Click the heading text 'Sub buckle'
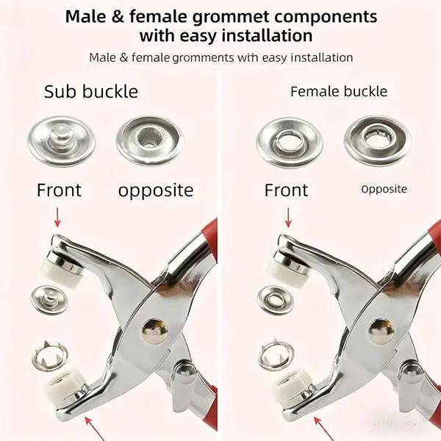pos(91,92)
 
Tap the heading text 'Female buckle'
pos(339,92)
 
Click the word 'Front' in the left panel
pos(60,190)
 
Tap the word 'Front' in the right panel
pos(286,190)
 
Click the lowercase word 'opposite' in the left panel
pos(156,190)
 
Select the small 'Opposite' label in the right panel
pos(384,189)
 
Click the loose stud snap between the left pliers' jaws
pos(49,298)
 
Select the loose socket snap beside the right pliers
pos(276,298)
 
